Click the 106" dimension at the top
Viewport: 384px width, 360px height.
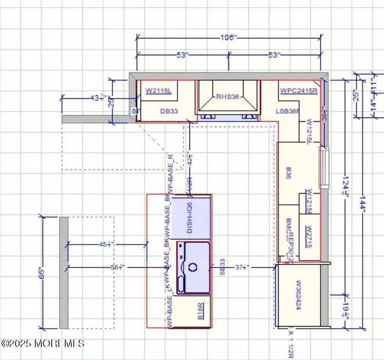pyautogui.click(x=229, y=38)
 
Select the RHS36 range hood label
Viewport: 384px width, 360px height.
pyautogui.click(x=228, y=96)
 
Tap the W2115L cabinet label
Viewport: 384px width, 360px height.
pyautogui.click(x=158, y=91)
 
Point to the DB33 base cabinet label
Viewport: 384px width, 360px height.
pyautogui.click(x=169, y=111)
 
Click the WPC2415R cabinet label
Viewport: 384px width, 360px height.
pyautogui.click(x=299, y=91)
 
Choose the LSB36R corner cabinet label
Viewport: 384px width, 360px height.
pyautogui.click(x=287, y=111)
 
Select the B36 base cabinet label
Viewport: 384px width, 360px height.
pyautogui.click(x=288, y=174)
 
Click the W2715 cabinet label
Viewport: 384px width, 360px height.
pyautogui.click(x=309, y=237)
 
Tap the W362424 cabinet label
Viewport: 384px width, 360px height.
pyautogui.click(x=298, y=295)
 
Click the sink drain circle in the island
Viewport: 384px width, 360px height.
pyautogui.click(x=193, y=267)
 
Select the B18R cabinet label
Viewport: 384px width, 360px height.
pyautogui.click(x=200, y=311)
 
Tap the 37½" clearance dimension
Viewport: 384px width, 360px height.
pyautogui.click(x=241, y=267)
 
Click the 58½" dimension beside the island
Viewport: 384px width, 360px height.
pyautogui.click(x=118, y=267)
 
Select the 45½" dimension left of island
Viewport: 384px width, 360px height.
pyautogui.click(x=106, y=244)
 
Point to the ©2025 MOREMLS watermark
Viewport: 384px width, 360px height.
pyautogui.click(x=43, y=343)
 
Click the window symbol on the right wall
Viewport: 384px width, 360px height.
pyautogui.click(x=324, y=168)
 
